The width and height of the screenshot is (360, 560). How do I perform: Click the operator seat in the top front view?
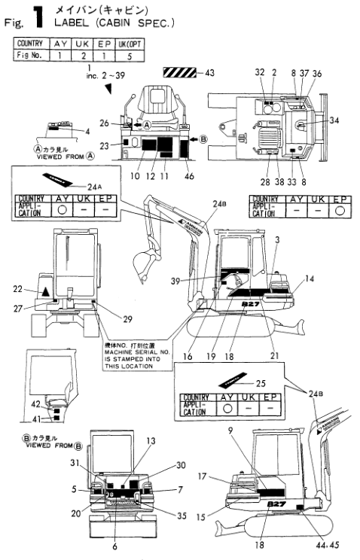click(x=154, y=114)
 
